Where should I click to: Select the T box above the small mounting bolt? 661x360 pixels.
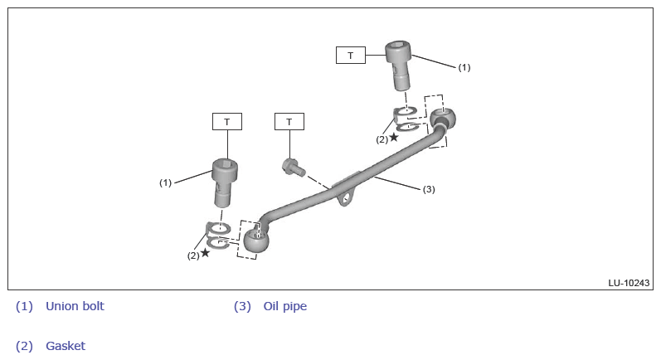(289, 122)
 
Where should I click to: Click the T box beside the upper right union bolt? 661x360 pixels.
(351, 56)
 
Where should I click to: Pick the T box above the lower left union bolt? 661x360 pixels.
(227, 122)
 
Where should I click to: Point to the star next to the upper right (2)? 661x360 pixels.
(394, 138)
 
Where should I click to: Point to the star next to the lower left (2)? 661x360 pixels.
(205, 253)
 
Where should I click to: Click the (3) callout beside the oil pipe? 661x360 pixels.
(429, 189)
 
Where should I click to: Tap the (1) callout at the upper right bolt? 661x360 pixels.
(464, 67)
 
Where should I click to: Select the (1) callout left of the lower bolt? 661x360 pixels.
(165, 182)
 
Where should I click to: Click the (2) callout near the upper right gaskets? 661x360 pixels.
(382, 139)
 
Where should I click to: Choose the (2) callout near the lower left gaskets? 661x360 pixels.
(192, 255)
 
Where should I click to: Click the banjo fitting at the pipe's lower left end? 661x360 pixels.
(256, 241)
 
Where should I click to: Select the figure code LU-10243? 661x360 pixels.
(629, 283)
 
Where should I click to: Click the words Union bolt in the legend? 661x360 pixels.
(75, 306)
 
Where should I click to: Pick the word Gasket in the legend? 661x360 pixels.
(66, 346)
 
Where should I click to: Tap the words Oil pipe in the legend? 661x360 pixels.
(284, 306)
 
